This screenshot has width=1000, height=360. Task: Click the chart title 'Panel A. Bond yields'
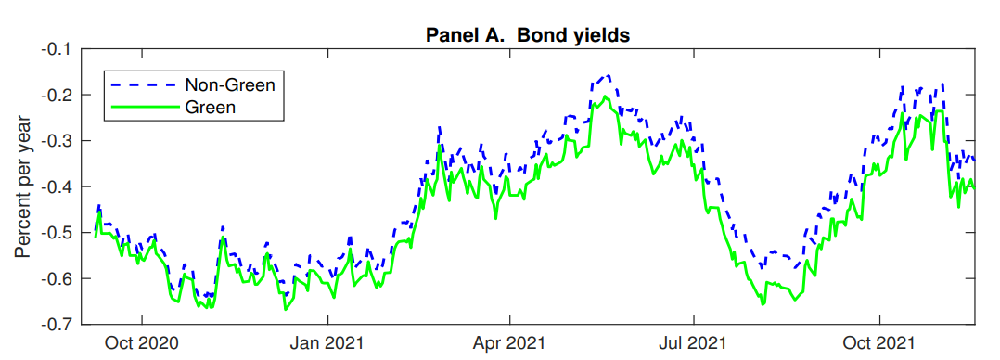click(528, 35)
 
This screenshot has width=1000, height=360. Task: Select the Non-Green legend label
click(230, 84)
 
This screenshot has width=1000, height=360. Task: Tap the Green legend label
click(211, 108)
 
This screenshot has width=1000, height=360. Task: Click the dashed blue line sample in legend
click(145, 84)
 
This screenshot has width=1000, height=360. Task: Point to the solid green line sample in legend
click(145, 108)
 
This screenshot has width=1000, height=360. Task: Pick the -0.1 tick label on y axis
click(58, 49)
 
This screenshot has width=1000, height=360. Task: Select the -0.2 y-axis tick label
click(58, 96)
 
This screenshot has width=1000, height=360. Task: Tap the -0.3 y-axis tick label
click(58, 141)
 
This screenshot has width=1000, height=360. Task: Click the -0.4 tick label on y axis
click(58, 187)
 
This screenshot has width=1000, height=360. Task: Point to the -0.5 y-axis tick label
click(58, 233)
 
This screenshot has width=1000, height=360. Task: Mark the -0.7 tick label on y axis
click(58, 325)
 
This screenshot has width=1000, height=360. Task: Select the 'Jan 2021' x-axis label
click(327, 342)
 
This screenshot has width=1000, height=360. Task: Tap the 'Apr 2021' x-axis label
click(509, 342)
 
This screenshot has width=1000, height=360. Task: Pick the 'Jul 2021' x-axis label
click(694, 342)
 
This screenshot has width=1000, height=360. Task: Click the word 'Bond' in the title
click(541, 35)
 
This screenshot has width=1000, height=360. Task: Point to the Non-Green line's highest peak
click(609, 75)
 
